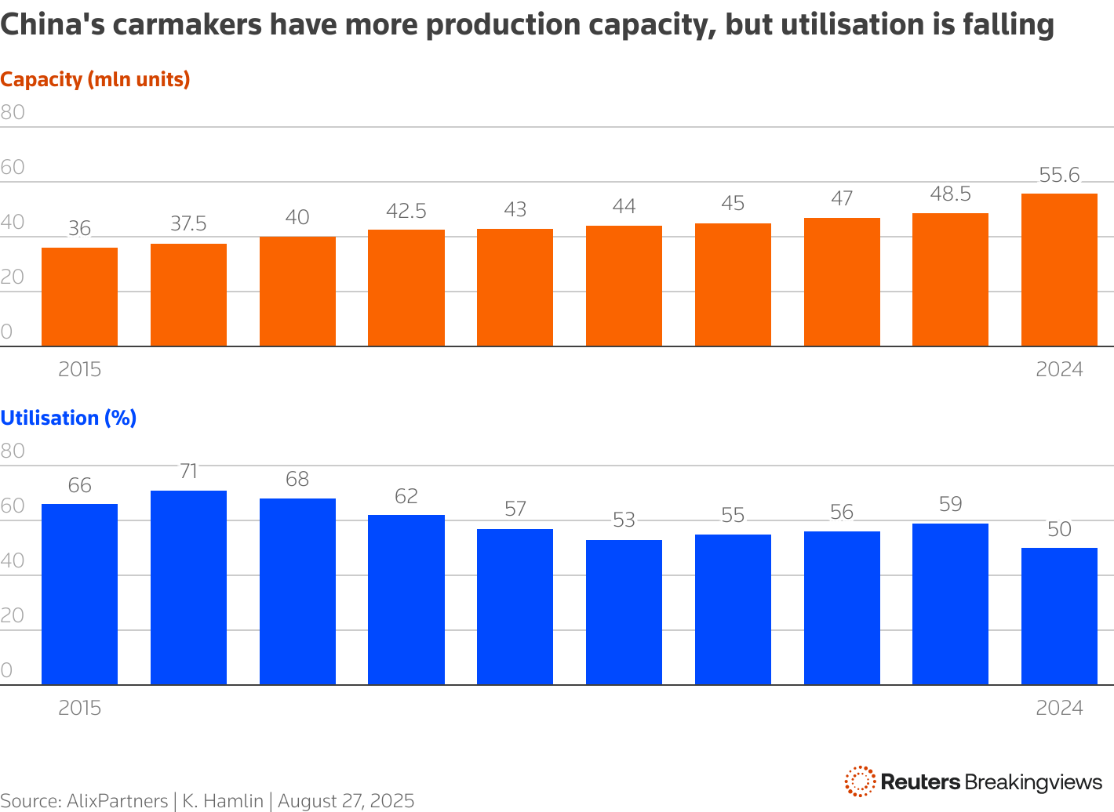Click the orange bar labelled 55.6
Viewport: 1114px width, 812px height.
(x=1058, y=270)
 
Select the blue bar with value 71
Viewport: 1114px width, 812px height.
(x=188, y=588)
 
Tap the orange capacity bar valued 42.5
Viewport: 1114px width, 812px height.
(x=406, y=288)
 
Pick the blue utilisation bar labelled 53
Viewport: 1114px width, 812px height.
(x=624, y=612)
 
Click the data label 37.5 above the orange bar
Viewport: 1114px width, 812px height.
(x=188, y=224)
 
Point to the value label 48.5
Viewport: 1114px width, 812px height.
(x=950, y=194)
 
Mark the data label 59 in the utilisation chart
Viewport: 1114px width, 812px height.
(x=950, y=504)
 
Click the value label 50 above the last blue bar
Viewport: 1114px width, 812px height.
(x=1059, y=529)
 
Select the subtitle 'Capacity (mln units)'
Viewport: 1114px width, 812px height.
(x=95, y=79)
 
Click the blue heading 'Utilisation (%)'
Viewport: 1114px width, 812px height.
(x=68, y=418)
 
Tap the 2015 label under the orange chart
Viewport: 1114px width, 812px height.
(x=79, y=369)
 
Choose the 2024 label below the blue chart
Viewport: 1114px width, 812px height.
(x=1059, y=708)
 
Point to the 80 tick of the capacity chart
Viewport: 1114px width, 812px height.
(x=13, y=112)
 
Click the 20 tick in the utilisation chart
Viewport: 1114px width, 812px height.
(x=13, y=615)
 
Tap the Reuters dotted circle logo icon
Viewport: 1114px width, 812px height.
(x=860, y=781)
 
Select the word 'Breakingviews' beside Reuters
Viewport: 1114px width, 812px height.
(x=1033, y=781)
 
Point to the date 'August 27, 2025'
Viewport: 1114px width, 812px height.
(x=346, y=801)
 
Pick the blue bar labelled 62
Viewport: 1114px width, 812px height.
(x=406, y=600)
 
